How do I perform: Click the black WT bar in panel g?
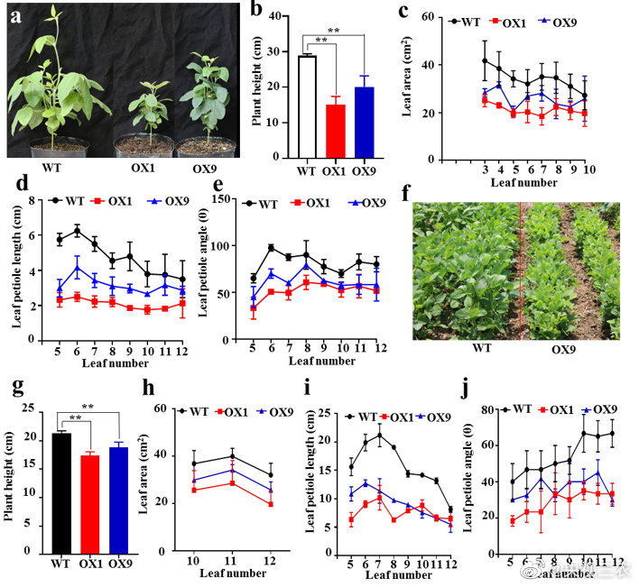(x=61, y=492)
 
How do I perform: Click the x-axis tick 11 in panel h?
(x=232, y=561)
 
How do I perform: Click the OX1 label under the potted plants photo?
(x=138, y=169)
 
